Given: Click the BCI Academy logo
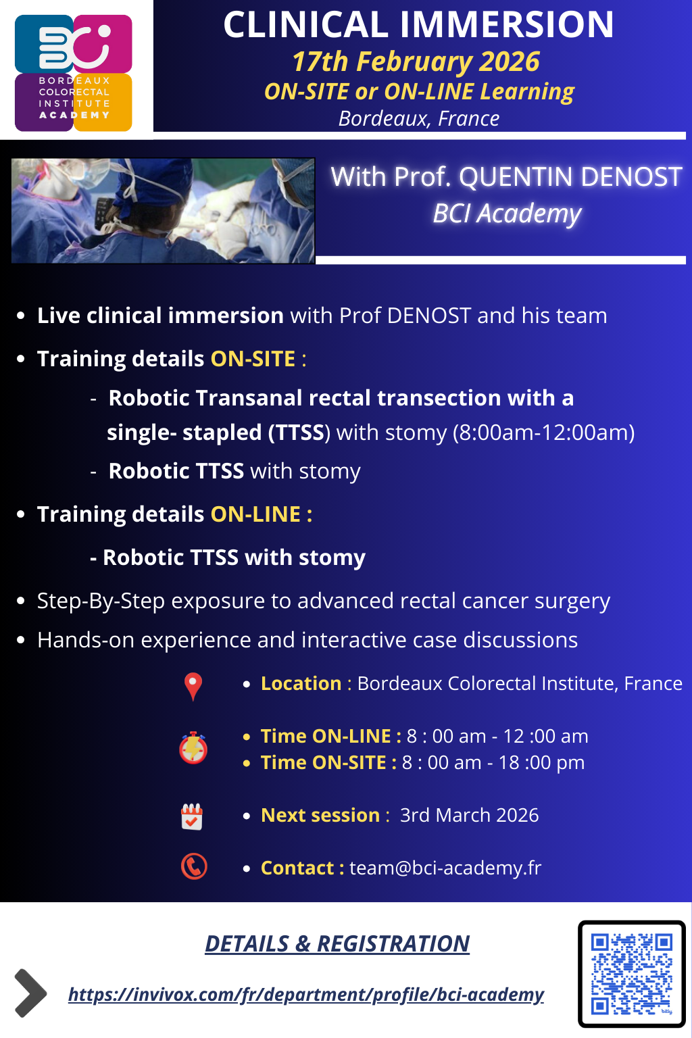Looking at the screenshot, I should [x=74, y=73].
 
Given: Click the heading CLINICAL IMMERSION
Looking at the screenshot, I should [x=418, y=25].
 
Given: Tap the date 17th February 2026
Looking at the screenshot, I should [x=416, y=61].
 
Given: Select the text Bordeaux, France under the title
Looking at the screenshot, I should [x=418, y=119].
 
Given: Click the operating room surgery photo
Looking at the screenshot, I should [x=163, y=210].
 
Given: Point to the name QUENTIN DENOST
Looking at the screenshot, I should [x=570, y=177].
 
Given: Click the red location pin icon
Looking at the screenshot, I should [x=193, y=686].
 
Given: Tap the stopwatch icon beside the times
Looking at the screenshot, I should [x=193, y=748].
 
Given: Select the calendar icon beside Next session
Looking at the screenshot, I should [x=192, y=816].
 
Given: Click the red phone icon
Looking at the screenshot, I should [x=194, y=866].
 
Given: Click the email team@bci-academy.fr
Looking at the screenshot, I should [x=445, y=868].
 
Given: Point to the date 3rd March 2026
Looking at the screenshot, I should [x=469, y=815].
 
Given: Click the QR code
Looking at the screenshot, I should [x=631, y=973].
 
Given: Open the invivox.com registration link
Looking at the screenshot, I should [x=305, y=995].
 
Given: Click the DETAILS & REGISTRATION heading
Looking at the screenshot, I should [x=337, y=943].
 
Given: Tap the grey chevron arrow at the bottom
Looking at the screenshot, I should [x=30, y=993].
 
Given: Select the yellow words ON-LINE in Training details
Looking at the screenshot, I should [x=255, y=514].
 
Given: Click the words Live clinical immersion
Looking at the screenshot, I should [x=160, y=316].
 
